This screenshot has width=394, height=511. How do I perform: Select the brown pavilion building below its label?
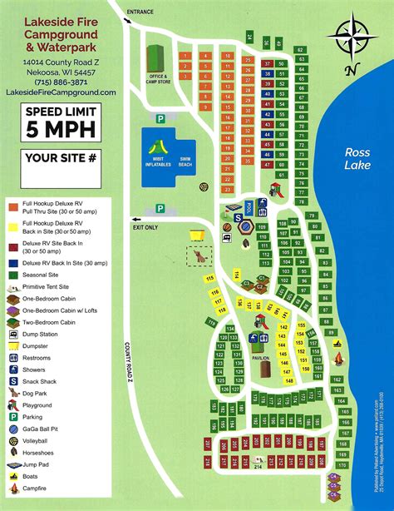click(x=263, y=367)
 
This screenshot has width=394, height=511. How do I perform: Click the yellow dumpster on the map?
click(x=197, y=236)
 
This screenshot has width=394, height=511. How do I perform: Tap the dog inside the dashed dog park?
click(x=201, y=258)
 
